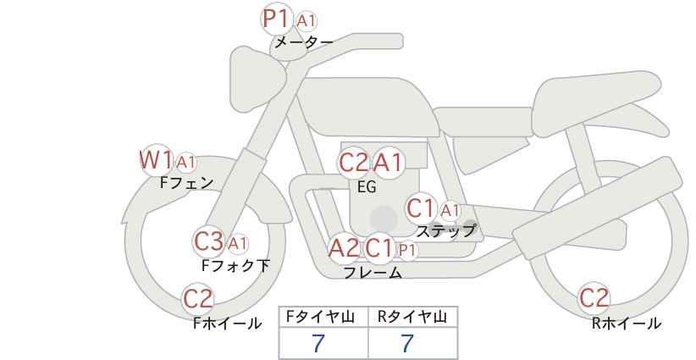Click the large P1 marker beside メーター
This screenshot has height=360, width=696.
coord(277,19)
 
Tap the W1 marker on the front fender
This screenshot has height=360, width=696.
coord(156,160)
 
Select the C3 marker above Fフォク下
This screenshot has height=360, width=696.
coord(209,242)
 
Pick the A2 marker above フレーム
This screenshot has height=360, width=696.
coord(344,248)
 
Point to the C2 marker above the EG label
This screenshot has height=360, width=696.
coord(354,163)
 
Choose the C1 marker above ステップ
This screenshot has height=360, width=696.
coord(420,208)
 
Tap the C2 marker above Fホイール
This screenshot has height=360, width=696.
coord(198,299)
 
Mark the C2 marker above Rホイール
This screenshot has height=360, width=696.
coord(594,298)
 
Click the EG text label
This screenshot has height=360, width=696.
coord(367,187)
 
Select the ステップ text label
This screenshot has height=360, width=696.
coord(446,231)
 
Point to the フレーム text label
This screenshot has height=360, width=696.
coord(373,272)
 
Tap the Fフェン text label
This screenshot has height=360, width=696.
coord(187,183)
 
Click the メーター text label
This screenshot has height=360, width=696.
coord(304,42)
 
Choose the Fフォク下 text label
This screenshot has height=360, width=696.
coord(235,265)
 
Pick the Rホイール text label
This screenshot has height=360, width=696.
coord(627,324)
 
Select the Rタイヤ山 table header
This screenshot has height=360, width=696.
coord(412,317)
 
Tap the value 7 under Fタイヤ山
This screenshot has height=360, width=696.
coord(318,343)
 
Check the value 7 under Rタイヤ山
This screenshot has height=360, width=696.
coord(407,343)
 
